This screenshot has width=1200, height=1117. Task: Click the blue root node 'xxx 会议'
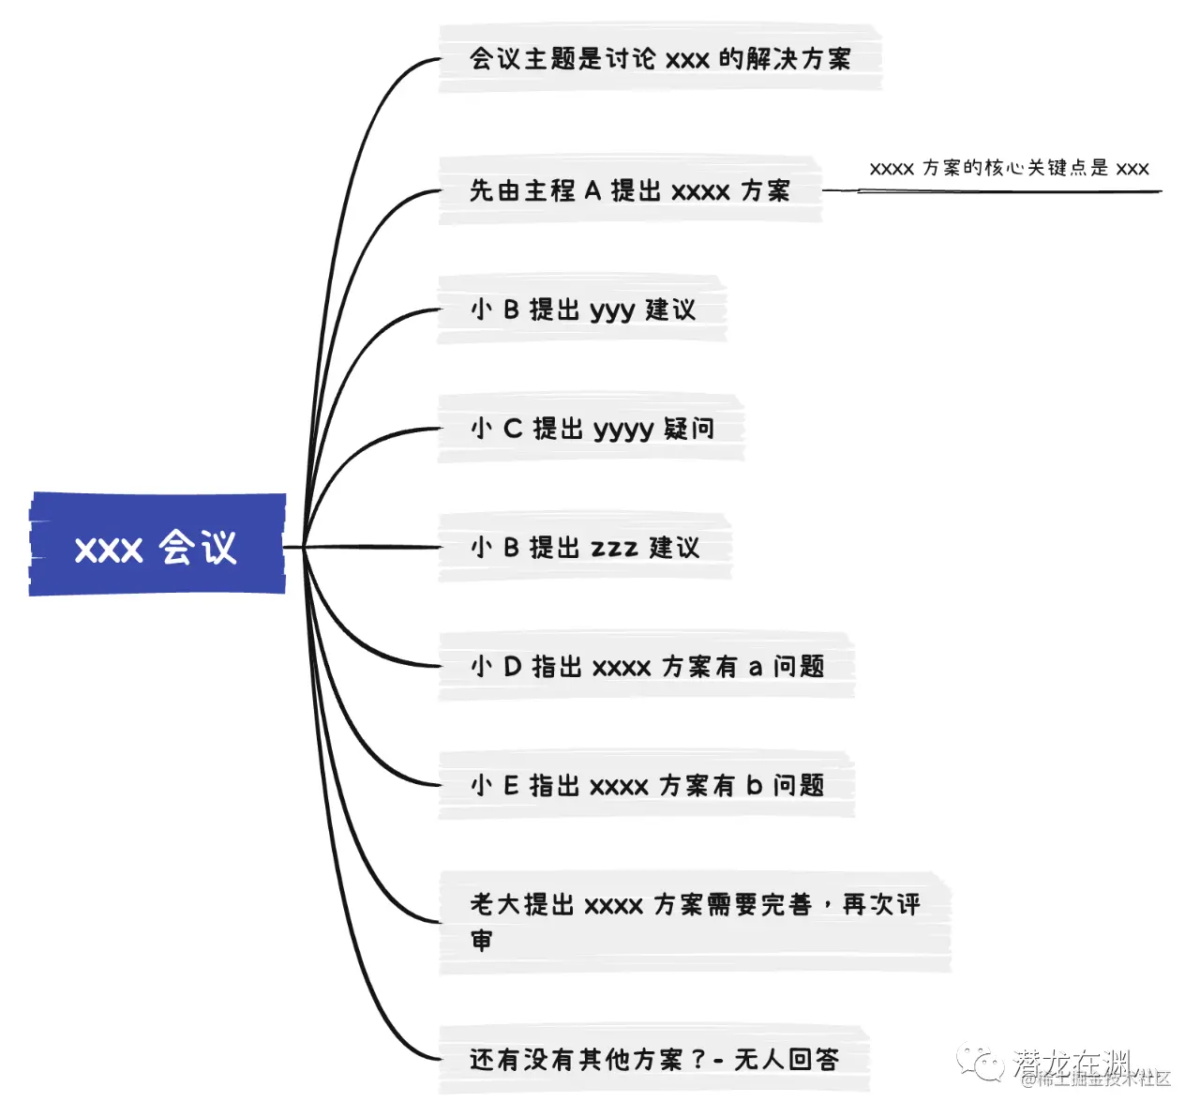157,546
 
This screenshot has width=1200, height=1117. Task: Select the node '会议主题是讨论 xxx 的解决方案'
660,59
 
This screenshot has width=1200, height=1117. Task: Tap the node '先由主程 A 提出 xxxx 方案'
630,190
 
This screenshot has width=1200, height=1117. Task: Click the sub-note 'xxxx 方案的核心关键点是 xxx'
1009,169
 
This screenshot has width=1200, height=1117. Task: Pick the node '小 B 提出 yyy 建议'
582,309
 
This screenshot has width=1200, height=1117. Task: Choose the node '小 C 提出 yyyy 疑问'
591,429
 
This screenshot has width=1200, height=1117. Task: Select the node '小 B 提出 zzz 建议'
584,548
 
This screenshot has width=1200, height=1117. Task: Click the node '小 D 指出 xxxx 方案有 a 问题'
647,667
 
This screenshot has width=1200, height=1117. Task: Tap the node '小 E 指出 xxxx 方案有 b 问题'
647,786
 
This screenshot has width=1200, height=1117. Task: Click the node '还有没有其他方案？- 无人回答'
653,1060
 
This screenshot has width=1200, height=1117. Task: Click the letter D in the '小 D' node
512,667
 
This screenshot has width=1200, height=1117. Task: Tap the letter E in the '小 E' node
511,786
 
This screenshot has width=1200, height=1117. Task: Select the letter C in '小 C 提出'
512,429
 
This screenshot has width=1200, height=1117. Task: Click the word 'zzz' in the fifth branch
614,549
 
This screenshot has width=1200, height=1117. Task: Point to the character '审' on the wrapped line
481,940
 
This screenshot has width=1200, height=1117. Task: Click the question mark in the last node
697,1060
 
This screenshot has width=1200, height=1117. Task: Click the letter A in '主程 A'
592,191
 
